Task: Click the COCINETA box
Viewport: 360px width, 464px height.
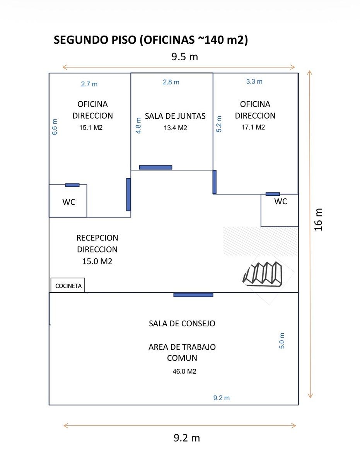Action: click(x=68, y=285)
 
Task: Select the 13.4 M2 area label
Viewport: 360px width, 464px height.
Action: click(x=175, y=128)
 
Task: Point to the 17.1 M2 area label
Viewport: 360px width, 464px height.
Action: click(x=253, y=127)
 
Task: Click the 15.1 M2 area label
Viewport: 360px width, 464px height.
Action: click(x=91, y=128)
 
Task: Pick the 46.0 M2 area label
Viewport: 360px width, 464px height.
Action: click(x=184, y=372)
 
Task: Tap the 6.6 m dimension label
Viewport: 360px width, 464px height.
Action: click(x=55, y=127)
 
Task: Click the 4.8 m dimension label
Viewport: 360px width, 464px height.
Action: click(x=138, y=126)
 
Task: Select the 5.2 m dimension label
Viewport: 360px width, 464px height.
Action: click(x=219, y=124)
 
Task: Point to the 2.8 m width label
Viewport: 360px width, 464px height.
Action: click(x=171, y=82)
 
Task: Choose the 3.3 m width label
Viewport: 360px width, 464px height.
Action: click(x=254, y=82)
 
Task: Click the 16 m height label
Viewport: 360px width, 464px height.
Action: click(x=318, y=219)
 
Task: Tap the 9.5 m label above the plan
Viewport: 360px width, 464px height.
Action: click(x=185, y=57)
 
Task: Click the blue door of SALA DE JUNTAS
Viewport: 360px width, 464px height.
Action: click(x=156, y=167)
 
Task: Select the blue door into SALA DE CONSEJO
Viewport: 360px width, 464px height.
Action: click(x=193, y=295)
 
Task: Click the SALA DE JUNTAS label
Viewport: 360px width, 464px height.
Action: click(x=175, y=116)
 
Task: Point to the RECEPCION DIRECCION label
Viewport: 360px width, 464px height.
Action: click(x=97, y=244)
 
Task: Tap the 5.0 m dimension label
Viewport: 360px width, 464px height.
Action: click(x=282, y=341)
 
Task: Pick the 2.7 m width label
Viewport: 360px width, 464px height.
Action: click(x=89, y=84)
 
